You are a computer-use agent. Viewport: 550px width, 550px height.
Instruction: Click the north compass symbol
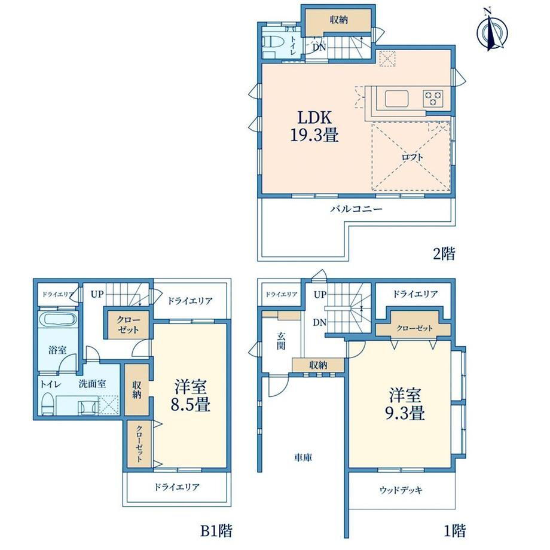click(x=492, y=30)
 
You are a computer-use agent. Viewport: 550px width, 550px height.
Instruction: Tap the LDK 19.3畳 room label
click(x=314, y=126)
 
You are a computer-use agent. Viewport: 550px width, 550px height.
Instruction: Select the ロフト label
click(x=412, y=157)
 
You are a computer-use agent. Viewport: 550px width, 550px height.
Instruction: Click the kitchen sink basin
click(x=397, y=99)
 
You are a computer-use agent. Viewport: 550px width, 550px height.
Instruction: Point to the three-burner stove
click(x=433, y=98)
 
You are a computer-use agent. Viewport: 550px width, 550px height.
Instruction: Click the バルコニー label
click(x=356, y=209)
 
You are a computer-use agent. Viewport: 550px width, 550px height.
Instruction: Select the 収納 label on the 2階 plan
click(x=338, y=20)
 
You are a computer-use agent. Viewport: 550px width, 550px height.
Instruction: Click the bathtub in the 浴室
click(x=58, y=320)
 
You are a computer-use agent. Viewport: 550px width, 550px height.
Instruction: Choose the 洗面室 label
click(x=92, y=384)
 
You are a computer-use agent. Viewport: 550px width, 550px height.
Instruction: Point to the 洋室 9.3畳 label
click(x=405, y=404)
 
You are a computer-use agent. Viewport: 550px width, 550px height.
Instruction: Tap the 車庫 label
click(x=303, y=457)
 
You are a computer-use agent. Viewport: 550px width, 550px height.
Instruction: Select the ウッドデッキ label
click(x=401, y=490)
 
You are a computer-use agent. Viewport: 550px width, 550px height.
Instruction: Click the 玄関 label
click(x=281, y=341)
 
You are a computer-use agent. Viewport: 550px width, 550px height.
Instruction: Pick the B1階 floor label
click(x=216, y=530)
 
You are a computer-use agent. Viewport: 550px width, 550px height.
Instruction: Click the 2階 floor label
click(x=444, y=253)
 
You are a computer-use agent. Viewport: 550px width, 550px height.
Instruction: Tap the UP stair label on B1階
click(x=97, y=294)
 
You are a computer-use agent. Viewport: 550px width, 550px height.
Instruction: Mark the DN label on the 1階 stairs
click(x=320, y=322)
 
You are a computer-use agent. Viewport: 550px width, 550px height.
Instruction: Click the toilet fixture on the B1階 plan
click(x=47, y=404)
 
